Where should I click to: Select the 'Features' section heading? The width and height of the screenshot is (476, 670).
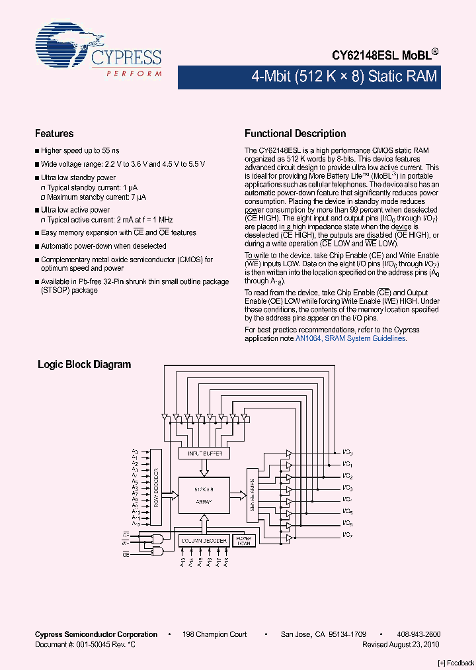54,133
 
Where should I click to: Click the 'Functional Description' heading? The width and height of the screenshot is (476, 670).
295,133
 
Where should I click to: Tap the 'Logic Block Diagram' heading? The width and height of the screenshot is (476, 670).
84,364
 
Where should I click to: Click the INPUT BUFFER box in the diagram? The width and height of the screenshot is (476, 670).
205,454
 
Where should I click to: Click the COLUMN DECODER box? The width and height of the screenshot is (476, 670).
204,541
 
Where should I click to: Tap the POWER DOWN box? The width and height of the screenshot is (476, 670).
243,540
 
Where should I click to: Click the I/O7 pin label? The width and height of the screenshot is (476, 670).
347,534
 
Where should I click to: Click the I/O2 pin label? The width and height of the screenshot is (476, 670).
347,477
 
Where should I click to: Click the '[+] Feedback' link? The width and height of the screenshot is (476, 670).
456,663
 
